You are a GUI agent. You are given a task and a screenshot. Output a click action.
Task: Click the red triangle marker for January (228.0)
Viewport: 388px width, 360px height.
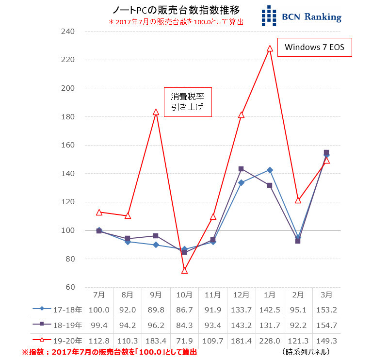point(270,49)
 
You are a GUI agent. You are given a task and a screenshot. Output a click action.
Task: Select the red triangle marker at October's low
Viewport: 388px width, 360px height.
point(184,270)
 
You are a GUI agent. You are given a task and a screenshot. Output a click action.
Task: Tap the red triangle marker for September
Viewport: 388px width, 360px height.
point(156,112)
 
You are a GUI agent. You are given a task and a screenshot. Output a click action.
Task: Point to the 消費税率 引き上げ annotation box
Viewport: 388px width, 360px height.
point(188,102)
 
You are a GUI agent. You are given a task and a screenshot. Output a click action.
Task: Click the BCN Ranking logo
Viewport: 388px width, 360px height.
point(301,16)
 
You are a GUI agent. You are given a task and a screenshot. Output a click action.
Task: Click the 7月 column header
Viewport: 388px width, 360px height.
point(98,295)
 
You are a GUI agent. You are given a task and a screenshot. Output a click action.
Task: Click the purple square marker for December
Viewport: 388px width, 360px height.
point(241,169)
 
